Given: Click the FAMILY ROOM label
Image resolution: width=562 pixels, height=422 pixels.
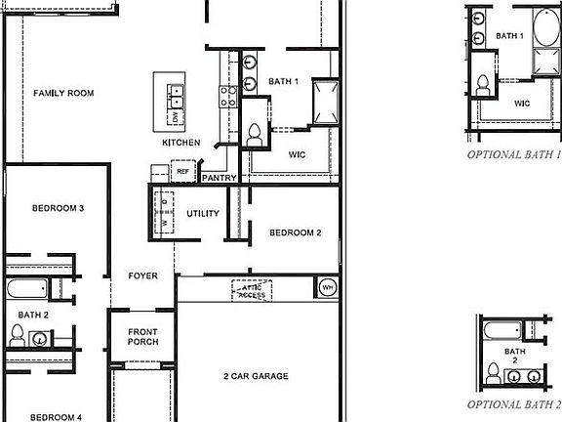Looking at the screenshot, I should click(x=63, y=94).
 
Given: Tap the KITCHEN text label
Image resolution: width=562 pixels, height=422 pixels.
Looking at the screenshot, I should click(x=181, y=143).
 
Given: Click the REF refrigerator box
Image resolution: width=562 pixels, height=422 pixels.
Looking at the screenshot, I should click(x=182, y=171).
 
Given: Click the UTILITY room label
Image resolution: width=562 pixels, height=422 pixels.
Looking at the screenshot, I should click(x=203, y=214).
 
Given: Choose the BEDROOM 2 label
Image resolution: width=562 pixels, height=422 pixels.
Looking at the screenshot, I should click(x=296, y=232).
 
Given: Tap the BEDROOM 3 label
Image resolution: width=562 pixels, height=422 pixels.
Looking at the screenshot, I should click(x=58, y=208).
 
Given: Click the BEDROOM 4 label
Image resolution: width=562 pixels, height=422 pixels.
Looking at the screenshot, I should click(x=56, y=417).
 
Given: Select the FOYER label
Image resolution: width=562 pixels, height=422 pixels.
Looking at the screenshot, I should click(x=142, y=276).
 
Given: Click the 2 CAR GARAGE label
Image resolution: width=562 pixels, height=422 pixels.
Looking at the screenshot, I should click(x=256, y=375).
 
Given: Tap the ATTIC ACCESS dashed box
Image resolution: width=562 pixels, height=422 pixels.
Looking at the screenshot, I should click(x=252, y=290).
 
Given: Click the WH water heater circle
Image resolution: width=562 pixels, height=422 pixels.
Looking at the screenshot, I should click(x=327, y=287).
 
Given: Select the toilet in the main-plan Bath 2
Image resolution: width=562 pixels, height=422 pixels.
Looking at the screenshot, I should click(x=17, y=336).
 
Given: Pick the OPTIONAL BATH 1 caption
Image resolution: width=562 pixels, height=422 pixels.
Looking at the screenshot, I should click(x=514, y=154).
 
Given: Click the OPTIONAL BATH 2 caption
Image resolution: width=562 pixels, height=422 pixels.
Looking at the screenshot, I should click(x=514, y=403).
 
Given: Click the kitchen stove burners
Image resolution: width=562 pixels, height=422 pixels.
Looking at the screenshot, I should click(x=228, y=95).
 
